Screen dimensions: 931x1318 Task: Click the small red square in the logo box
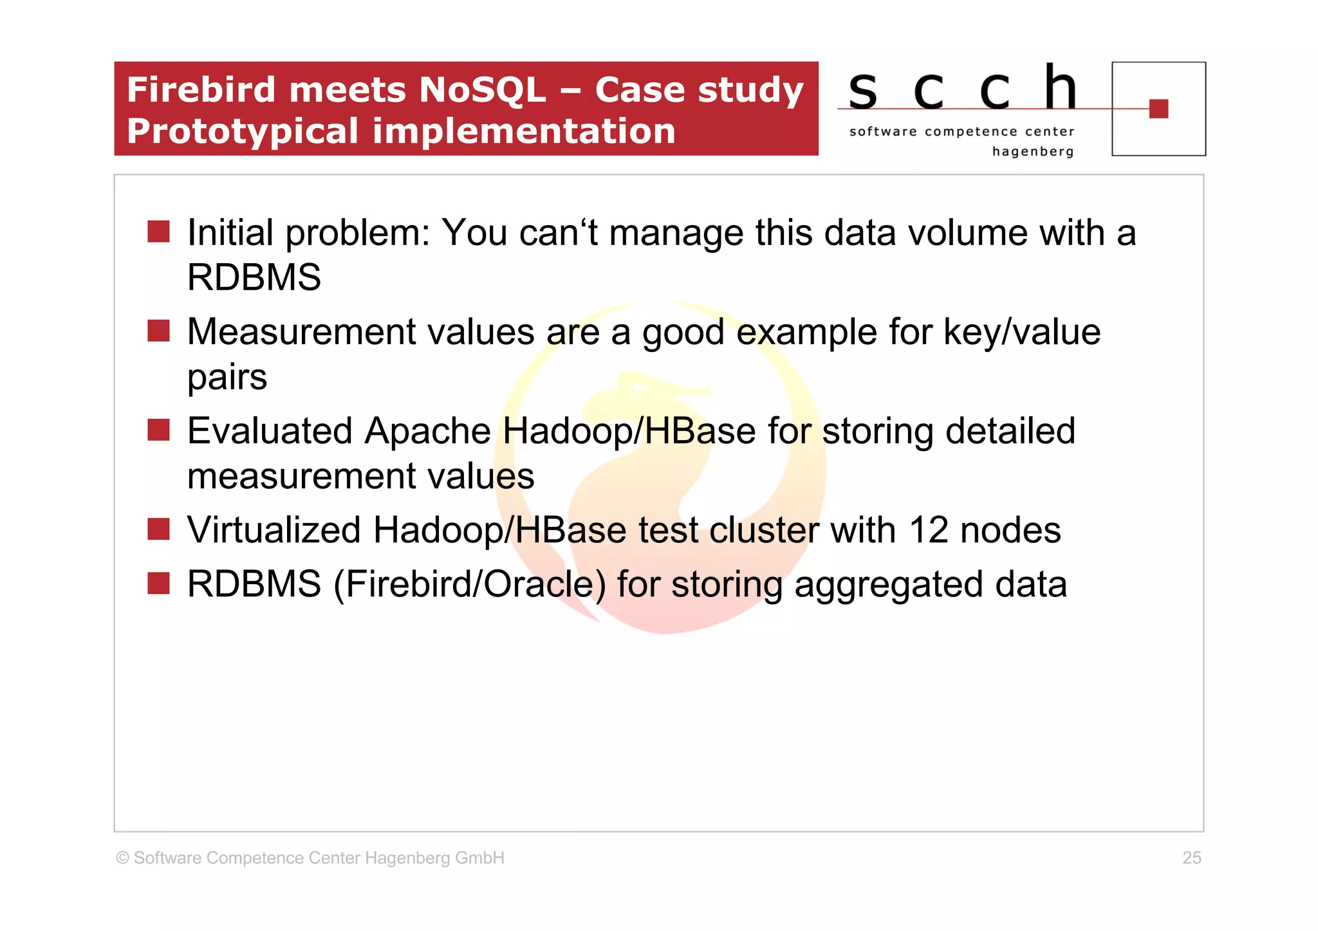point(1158,109)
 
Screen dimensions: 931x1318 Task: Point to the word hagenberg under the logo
point(1033,152)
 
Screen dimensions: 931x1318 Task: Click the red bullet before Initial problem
point(158,232)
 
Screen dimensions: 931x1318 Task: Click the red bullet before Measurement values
point(158,331)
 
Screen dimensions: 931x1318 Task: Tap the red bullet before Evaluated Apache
point(158,430)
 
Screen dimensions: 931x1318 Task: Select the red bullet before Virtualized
point(158,530)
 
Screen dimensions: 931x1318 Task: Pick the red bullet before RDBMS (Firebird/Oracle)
point(158,584)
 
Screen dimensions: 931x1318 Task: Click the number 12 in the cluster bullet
point(928,530)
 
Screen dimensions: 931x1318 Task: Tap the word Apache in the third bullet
point(427,431)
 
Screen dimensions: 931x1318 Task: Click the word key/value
point(1022,333)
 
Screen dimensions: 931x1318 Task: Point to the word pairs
point(227,378)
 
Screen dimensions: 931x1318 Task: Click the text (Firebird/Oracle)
point(469,584)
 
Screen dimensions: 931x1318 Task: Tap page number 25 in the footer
point(1191,858)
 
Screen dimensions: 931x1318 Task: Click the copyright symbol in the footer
point(122,858)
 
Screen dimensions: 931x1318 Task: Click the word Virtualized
point(274,530)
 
